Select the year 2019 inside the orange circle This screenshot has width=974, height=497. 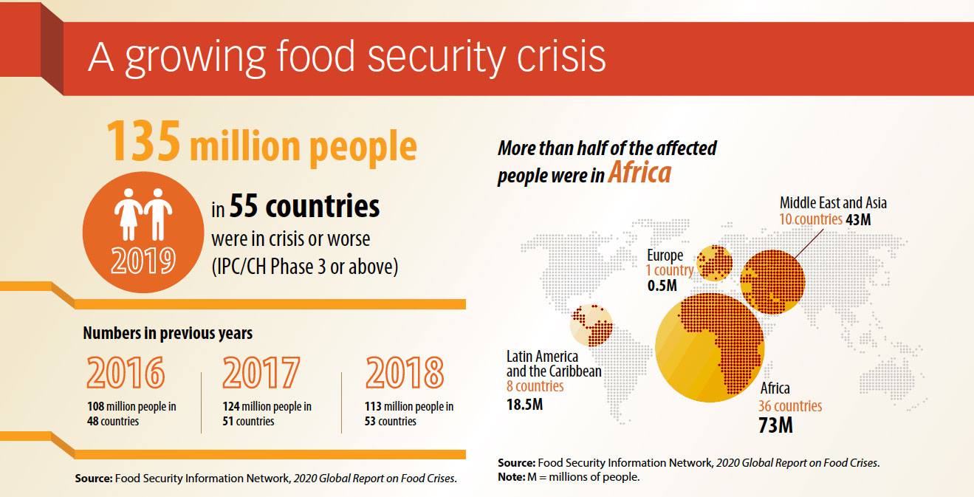[x=144, y=260]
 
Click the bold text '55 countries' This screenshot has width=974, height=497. [x=304, y=208]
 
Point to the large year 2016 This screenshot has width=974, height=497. [x=125, y=373]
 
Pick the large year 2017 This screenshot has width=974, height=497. [x=261, y=373]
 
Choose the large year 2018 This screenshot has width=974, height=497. [x=404, y=373]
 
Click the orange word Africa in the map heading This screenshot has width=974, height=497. [x=639, y=172]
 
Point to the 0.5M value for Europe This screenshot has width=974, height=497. [x=662, y=286]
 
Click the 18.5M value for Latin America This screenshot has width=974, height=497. [x=525, y=404]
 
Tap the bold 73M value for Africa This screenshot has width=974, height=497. [x=775, y=425]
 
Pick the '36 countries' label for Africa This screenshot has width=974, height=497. [x=789, y=406]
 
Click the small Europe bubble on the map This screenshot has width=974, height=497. [x=714, y=264]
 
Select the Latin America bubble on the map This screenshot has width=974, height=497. [x=591, y=326]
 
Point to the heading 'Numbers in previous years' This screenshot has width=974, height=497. [x=168, y=333]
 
